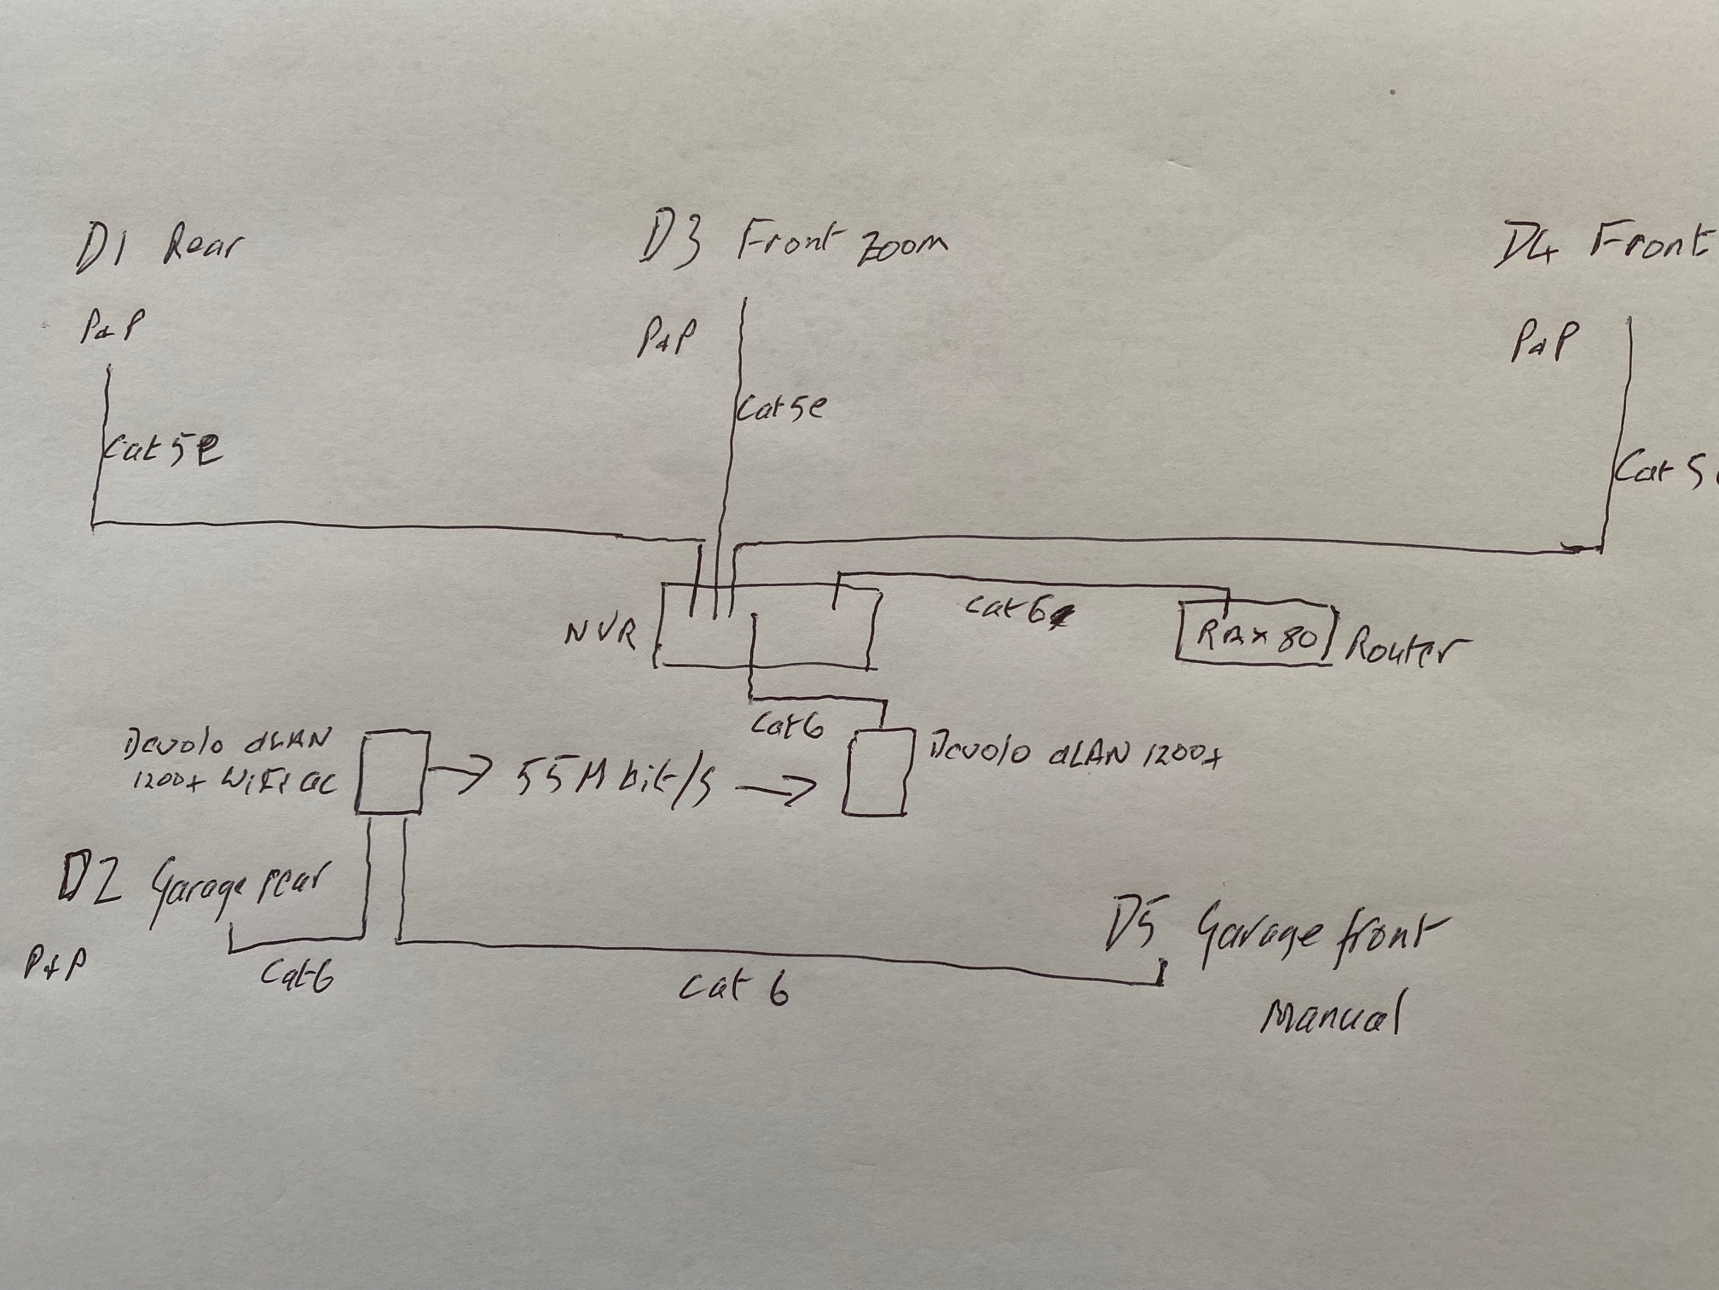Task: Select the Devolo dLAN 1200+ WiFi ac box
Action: pyautogui.click(x=391, y=771)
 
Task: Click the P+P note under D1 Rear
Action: pyautogui.click(x=111, y=325)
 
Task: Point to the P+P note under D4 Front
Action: pyautogui.click(x=1543, y=340)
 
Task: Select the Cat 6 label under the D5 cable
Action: pyautogui.click(x=733, y=990)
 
